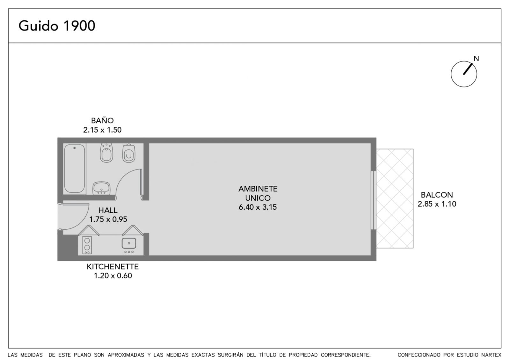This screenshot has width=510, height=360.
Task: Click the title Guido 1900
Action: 57,26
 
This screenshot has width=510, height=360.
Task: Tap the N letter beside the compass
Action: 476,59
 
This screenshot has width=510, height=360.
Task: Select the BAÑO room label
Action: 102,120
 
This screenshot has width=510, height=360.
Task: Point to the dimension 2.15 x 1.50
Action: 102,130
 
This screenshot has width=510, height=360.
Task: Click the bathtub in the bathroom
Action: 75,169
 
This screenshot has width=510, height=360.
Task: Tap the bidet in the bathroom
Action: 106,153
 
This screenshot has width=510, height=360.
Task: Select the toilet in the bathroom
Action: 129,153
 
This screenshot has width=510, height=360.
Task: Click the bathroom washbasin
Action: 102,188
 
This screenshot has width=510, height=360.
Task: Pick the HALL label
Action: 108,210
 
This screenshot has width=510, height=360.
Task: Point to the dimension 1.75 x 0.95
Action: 108,220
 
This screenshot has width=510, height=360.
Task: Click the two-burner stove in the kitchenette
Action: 87,245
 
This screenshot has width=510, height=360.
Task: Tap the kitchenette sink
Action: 129,243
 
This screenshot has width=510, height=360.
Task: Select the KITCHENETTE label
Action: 113,267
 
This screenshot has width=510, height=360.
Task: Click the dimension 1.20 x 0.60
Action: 113,276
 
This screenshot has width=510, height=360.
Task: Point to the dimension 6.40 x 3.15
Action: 258,207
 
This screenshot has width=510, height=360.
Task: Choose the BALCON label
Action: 437,195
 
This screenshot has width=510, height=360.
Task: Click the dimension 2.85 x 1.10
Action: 437,204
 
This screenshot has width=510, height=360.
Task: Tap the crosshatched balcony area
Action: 395,198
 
